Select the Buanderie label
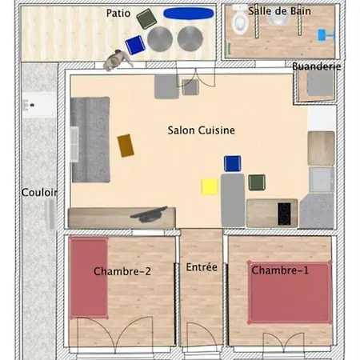click(316, 66)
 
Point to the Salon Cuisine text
click(201, 130)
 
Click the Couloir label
click(39, 193)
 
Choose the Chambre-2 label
click(122, 271)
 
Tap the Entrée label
click(201, 267)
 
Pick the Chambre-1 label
click(280, 270)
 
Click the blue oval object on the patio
click(188, 13)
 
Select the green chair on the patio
click(146, 18)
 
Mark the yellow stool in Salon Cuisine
click(210, 186)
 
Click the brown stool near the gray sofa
click(126, 145)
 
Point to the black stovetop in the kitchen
click(285, 213)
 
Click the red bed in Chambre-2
click(88, 278)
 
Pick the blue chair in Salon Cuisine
click(232, 164)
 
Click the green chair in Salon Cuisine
click(257, 182)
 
